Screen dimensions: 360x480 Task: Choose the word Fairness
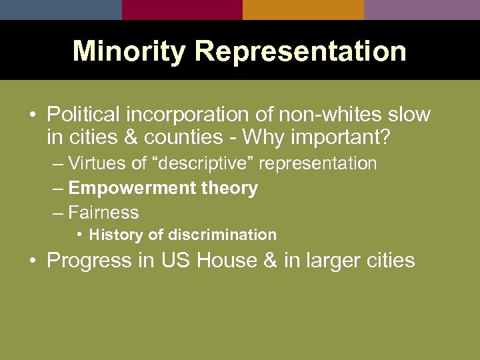[103, 213]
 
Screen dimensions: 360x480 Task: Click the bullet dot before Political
[32, 115]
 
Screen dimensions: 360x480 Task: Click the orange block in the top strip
[303, 9]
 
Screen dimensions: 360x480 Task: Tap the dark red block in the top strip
[182, 9]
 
